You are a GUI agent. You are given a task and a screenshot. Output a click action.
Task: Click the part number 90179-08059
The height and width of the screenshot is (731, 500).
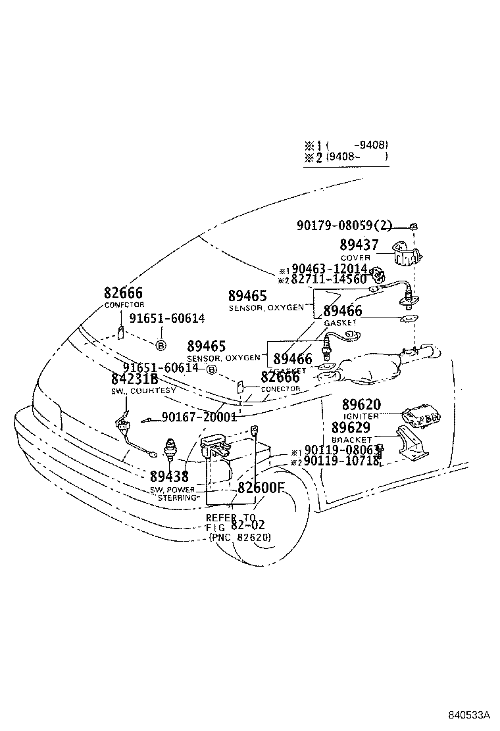click(x=334, y=226)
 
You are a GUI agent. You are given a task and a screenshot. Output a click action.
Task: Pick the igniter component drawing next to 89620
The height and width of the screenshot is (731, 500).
click(x=422, y=417)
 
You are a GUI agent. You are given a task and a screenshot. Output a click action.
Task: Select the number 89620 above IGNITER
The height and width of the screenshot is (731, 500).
click(x=361, y=404)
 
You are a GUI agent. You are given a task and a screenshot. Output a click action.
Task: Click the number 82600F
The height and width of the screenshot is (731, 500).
click(x=261, y=487)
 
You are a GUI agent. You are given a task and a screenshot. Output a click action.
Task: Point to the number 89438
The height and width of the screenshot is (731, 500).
click(x=169, y=477)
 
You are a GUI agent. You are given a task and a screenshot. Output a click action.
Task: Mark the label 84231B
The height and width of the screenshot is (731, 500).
click(x=134, y=379)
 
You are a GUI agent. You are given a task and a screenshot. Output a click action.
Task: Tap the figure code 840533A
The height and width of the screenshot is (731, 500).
click(x=470, y=714)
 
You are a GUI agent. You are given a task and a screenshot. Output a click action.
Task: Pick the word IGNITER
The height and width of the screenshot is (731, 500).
click(x=361, y=416)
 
